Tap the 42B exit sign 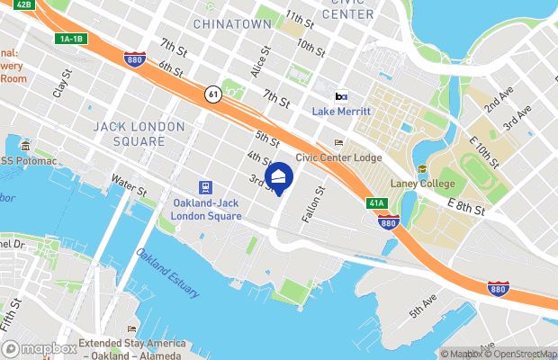25,4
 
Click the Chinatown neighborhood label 232,23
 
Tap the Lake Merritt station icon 341,96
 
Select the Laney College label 422,184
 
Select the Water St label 129,185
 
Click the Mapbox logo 40,349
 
